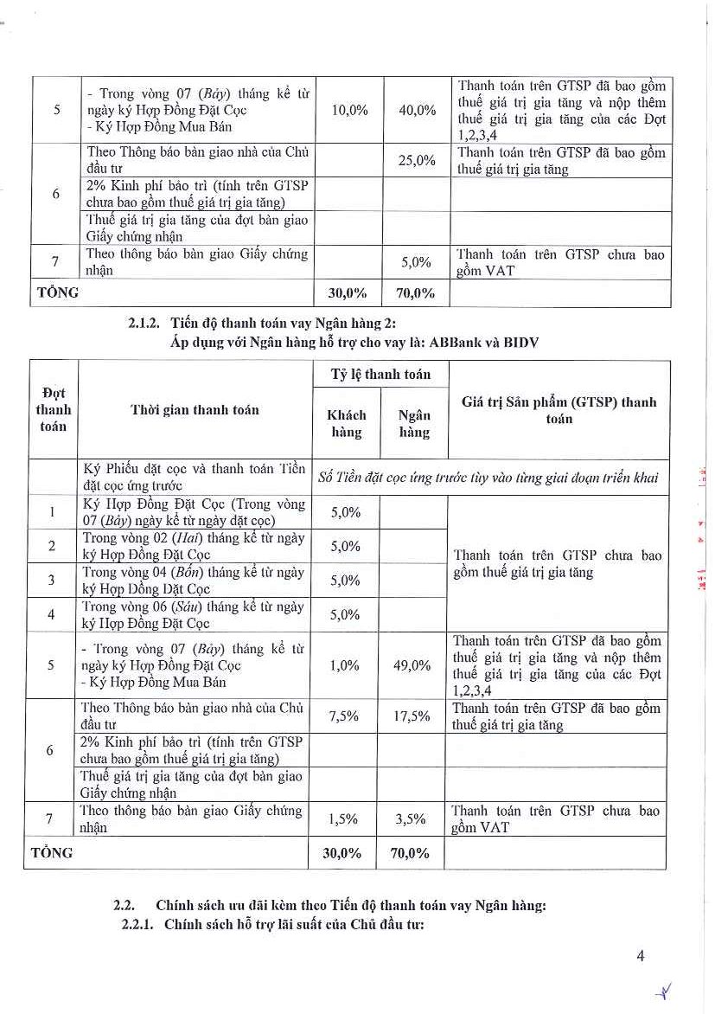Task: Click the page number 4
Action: coord(641,956)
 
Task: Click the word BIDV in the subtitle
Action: coord(522,342)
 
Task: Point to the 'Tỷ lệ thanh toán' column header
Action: coord(379,375)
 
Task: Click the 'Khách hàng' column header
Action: coord(345,424)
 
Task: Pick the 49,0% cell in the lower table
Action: coord(411,665)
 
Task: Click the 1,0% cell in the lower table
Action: coord(345,665)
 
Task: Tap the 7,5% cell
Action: coord(345,716)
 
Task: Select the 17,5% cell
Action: coord(411,716)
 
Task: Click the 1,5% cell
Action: coord(345,818)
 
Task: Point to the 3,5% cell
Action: coord(411,818)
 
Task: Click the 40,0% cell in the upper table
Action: coord(417,110)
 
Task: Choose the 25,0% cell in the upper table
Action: coord(417,160)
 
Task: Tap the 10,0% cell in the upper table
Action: coord(350,110)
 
